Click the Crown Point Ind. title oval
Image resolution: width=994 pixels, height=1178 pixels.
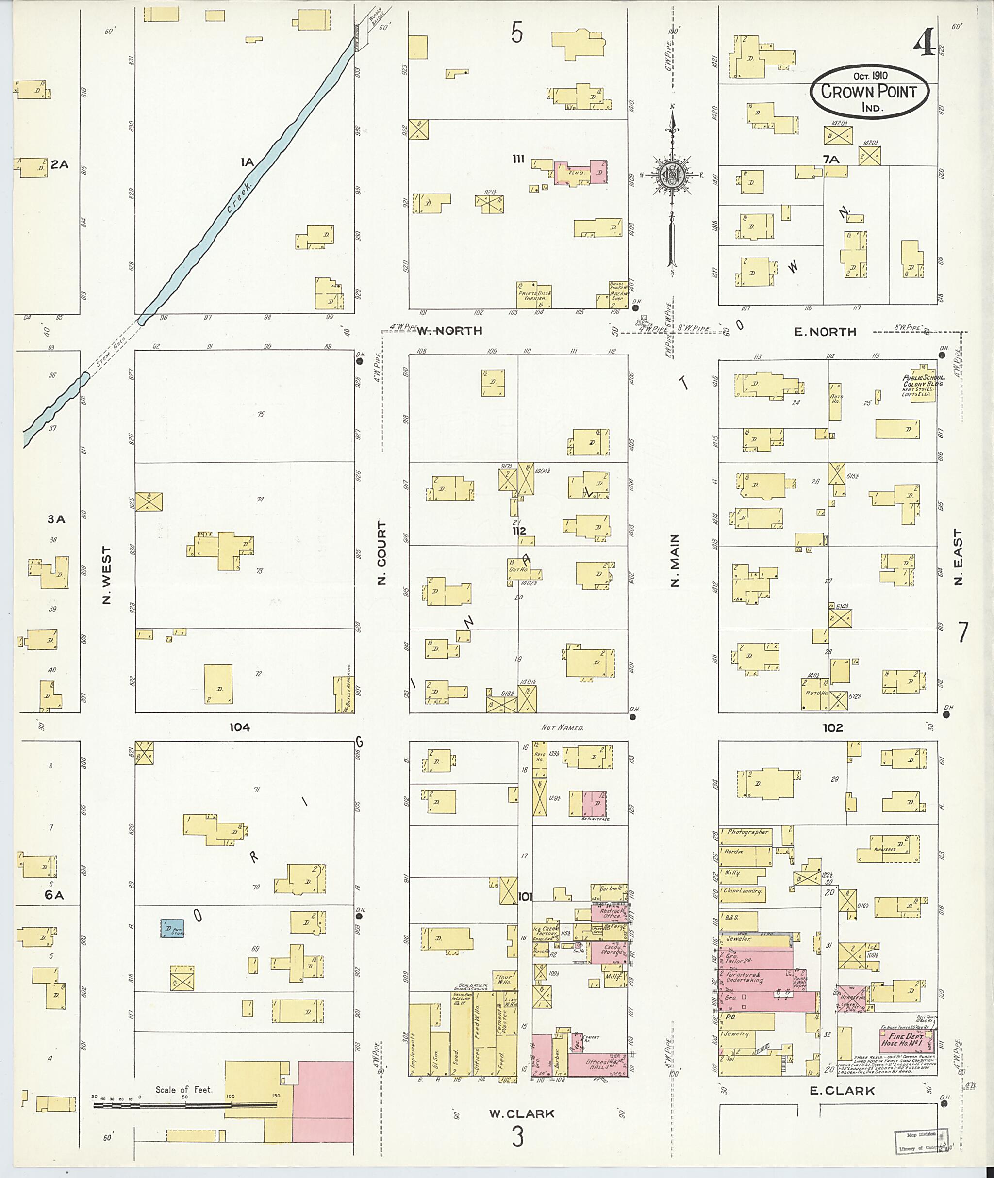click(869, 91)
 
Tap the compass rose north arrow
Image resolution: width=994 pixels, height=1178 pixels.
click(672, 135)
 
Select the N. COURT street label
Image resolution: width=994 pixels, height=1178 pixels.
click(382, 552)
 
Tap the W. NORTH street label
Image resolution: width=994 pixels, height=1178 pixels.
click(449, 331)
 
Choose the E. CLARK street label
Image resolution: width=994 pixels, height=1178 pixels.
click(842, 1091)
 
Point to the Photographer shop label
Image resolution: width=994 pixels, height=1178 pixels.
click(747, 832)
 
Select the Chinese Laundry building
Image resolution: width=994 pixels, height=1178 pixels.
click(742, 891)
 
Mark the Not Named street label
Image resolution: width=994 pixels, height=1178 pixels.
click(562, 727)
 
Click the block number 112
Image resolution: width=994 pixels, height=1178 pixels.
click(519, 531)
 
